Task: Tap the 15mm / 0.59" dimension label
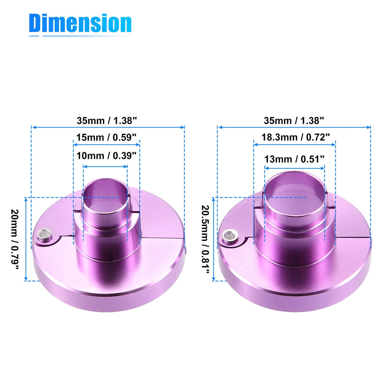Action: point(106,137)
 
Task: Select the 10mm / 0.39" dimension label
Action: point(106,156)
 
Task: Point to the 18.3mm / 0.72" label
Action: point(296,137)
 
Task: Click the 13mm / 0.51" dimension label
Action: point(294,159)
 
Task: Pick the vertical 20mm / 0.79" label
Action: point(15,239)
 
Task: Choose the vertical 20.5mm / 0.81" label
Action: point(205,239)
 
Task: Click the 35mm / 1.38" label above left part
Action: point(107,121)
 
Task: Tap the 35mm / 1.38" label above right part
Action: point(294,121)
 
